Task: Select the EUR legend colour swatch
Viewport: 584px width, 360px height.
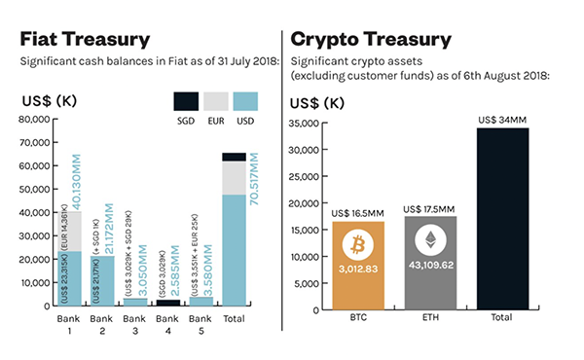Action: tap(217, 100)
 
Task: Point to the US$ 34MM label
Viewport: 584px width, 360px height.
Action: tap(502, 121)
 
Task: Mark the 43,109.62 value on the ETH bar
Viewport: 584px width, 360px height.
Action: tap(430, 265)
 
